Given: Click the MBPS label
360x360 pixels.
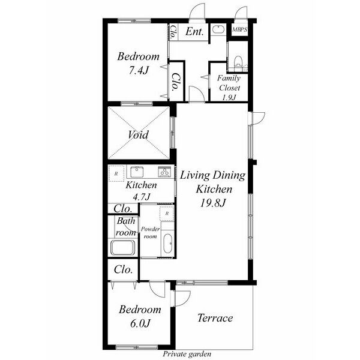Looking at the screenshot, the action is (x=239, y=29).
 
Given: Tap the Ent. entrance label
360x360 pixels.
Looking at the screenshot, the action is (x=194, y=31).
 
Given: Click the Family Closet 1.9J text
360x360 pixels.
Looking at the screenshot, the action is (x=229, y=88).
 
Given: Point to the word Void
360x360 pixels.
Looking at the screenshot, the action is (x=138, y=134).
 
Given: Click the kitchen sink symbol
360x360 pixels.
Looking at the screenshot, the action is (x=137, y=172).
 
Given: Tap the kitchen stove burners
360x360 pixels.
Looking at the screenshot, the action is (x=164, y=172).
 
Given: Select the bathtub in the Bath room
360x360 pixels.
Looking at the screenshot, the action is (x=123, y=247).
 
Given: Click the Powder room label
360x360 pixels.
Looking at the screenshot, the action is (x=151, y=232).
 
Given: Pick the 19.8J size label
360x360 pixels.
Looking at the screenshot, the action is (x=213, y=203).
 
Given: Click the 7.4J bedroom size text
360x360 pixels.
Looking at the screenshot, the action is (x=139, y=70).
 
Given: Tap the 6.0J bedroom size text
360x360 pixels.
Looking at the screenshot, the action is (x=140, y=323).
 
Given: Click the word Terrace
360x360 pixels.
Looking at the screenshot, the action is (x=215, y=318).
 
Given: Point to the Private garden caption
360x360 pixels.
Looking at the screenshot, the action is (x=187, y=354).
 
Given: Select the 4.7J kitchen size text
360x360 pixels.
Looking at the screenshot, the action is (x=142, y=197).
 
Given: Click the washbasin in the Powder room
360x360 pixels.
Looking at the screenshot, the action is (x=168, y=244).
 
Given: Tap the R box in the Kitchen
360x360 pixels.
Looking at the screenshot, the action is (x=116, y=173).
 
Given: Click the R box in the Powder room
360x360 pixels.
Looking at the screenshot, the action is (x=167, y=214).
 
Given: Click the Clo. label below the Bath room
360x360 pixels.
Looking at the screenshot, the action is (x=123, y=269).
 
